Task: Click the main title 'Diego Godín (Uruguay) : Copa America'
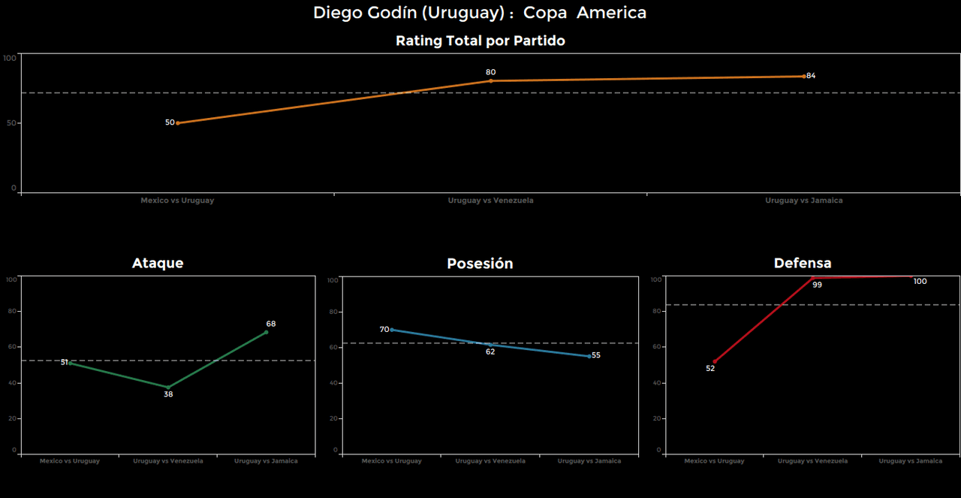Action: click(x=480, y=13)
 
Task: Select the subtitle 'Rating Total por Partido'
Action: click(x=480, y=41)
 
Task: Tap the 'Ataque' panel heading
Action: click(x=158, y=263)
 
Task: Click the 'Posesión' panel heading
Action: click(x=480, y=264)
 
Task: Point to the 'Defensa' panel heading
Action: click(x=803, y=263)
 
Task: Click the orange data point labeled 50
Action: click(x=177, y=122)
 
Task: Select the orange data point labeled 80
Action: click(x=490, y=80)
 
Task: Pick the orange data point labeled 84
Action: click(x=803, y=76)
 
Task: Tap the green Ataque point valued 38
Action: click(x=168, y=387)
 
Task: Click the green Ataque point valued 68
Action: click(x=266, y=332)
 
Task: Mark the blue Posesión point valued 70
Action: click(x=392, y=330)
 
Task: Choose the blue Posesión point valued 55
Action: click(x=589, y=356)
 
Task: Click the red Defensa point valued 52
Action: click(x=714, y=362)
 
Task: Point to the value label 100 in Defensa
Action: click(x=920, y=282)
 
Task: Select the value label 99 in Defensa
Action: click(x=817, y=285)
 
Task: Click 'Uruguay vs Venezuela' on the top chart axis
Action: click(x=490, y=201)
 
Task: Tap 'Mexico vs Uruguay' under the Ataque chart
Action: click(x=70, y=460)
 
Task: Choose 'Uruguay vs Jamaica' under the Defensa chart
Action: click(x=910, y=460)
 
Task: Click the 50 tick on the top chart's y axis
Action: click(x=11, y=123)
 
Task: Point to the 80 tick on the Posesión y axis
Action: click(x=334, y=312)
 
